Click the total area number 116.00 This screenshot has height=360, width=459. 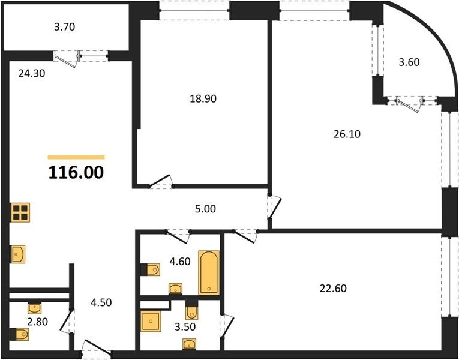click(x=76, y=172)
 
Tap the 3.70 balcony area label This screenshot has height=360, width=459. click(x=65, y=27)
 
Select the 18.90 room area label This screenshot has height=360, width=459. click(x=203, y=98)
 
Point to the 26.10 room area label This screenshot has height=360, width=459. click(x=347, y=134)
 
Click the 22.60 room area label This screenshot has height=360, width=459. click(x=333, y=289)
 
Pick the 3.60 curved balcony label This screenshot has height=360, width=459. click(x=409, y=62)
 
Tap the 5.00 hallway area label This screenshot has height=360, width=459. click(x=205, y=209)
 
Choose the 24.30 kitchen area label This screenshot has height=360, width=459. click(x=32, y=73)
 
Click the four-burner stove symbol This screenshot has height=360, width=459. click(x=20, y=212)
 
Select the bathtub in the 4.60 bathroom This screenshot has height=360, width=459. click(x=209, y=272)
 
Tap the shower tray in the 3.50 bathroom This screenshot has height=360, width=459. click(x=151, y=321)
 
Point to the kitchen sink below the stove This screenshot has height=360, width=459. click(x=18, y=254)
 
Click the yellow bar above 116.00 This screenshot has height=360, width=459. click(x=76, y=157)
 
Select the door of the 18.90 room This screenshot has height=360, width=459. click(x=160, y=181)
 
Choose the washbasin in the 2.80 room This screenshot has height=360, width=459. click(x=35, y=308)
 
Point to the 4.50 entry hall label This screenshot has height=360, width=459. click(x=101, y=302)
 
